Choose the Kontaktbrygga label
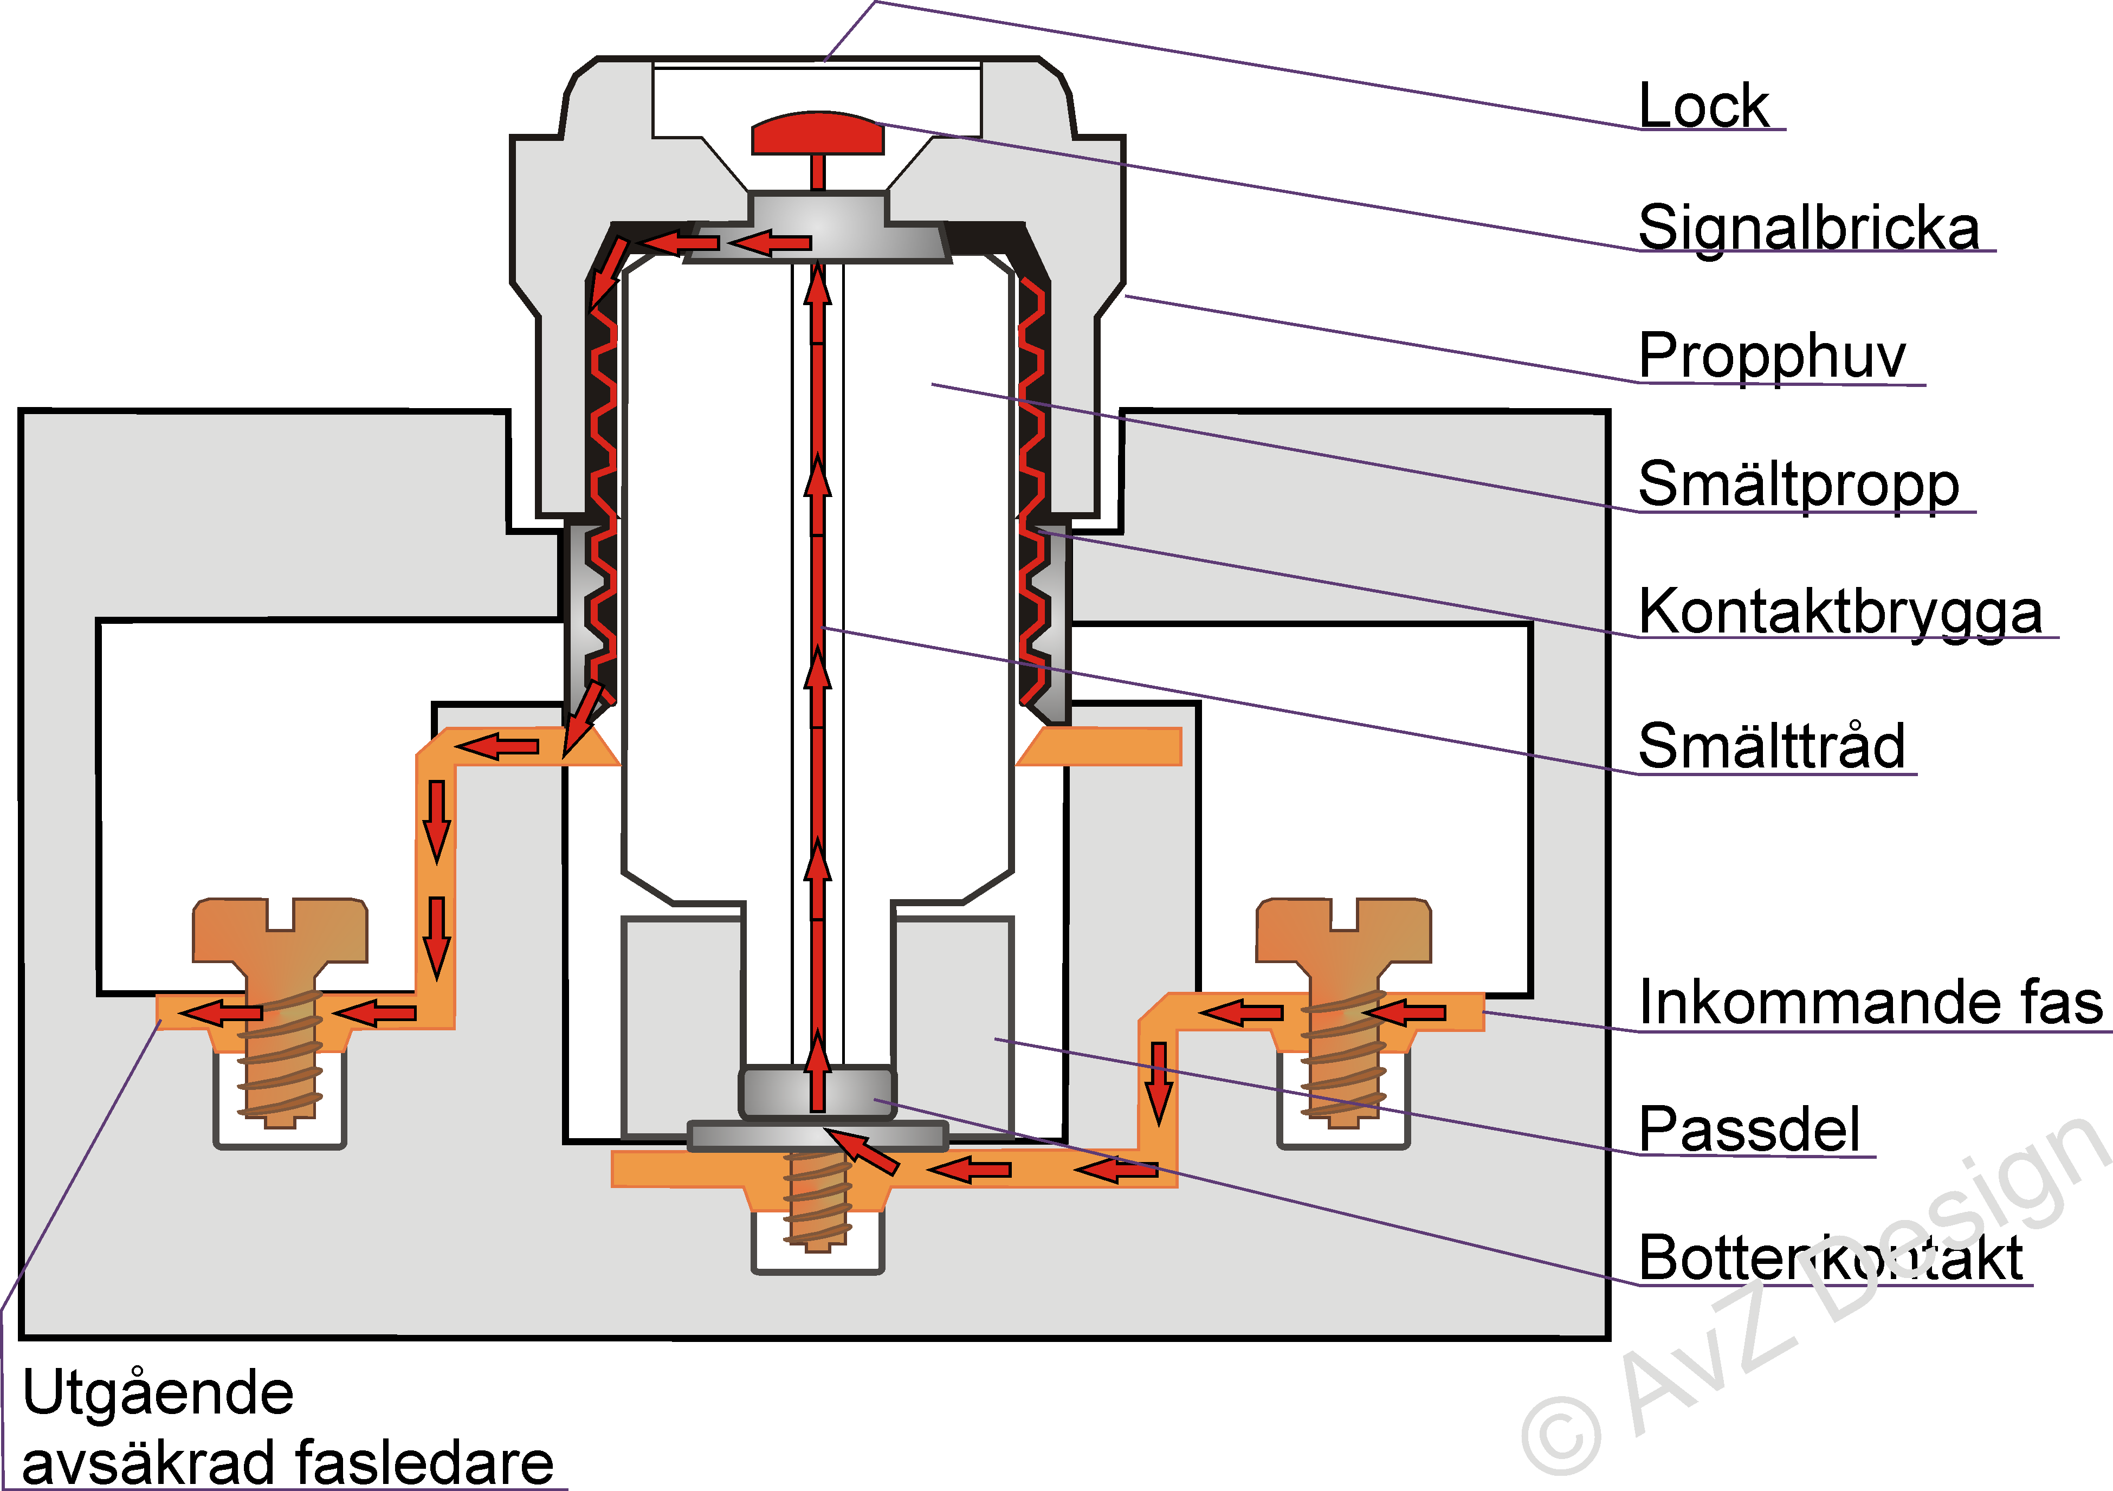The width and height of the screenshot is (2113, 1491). click(1840, 611)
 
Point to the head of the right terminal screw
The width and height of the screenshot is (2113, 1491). click(1343, 932)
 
